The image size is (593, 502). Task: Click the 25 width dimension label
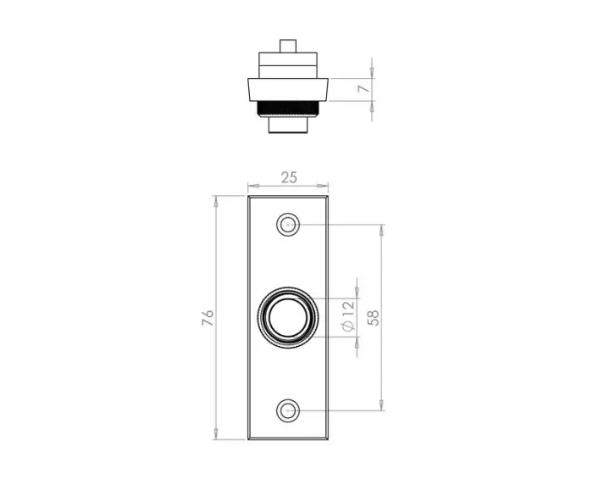tap(289, 177)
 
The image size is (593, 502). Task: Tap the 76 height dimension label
tap(208, 318)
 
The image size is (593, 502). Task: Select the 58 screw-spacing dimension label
tap(373, 318)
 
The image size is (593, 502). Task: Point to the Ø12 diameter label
tap(348, 315)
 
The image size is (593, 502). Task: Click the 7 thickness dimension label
tap(363, 88)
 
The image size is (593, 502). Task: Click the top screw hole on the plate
tap(288, 225)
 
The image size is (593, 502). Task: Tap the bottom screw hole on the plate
tap(288, 410)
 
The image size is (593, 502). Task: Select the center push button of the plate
tap(288, 318)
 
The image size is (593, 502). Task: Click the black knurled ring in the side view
tap(288, 109)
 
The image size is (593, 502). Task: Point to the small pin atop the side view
tap(288, 46)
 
